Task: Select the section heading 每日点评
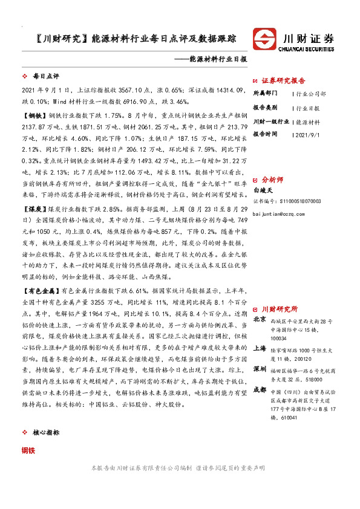coord(45,77)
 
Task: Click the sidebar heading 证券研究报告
coord(287,80)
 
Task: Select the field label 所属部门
coord(265,94)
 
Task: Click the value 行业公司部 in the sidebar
coord(312,94)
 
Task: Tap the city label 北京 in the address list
coord(260,319)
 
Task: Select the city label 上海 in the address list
coord(260,348)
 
